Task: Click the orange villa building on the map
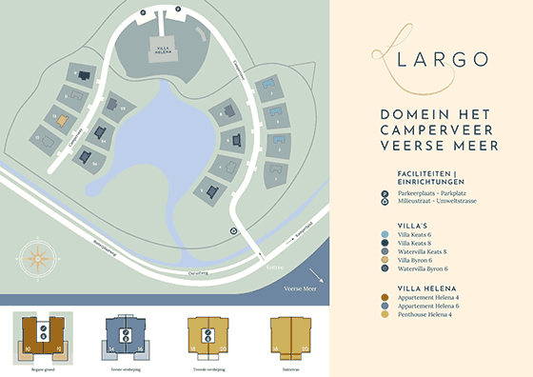[x=61, y=121]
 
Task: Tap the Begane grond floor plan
[x=41, y=339]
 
